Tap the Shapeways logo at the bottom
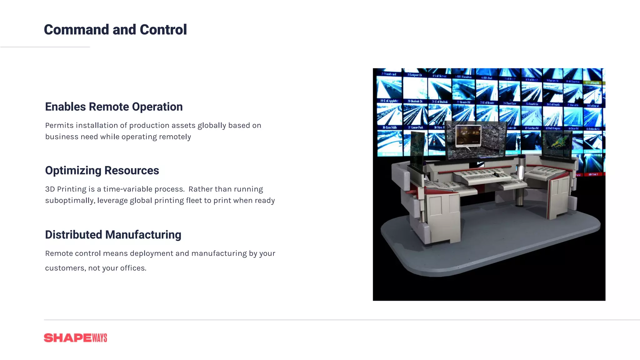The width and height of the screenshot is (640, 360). coord(75,338)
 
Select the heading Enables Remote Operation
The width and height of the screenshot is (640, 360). coord(114,107)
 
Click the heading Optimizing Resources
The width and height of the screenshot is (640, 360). coord(102,171)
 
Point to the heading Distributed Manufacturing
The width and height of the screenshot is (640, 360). coord(113,235)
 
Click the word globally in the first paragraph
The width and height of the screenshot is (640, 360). coord(212,126)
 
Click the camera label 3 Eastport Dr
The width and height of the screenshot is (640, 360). coord(415,75)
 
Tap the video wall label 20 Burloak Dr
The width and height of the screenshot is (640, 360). coord(415,101)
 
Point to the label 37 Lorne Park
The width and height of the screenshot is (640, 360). coord(416,127)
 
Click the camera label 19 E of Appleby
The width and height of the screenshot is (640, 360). coord(389,101)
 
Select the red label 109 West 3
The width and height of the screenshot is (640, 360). coord(593,174)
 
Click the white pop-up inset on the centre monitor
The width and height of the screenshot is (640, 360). coord(468,136)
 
